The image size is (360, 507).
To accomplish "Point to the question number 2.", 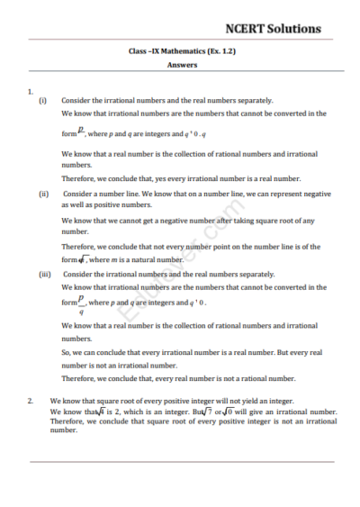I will tap(31, 399).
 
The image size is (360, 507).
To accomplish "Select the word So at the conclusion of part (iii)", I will tap(66, 352).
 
